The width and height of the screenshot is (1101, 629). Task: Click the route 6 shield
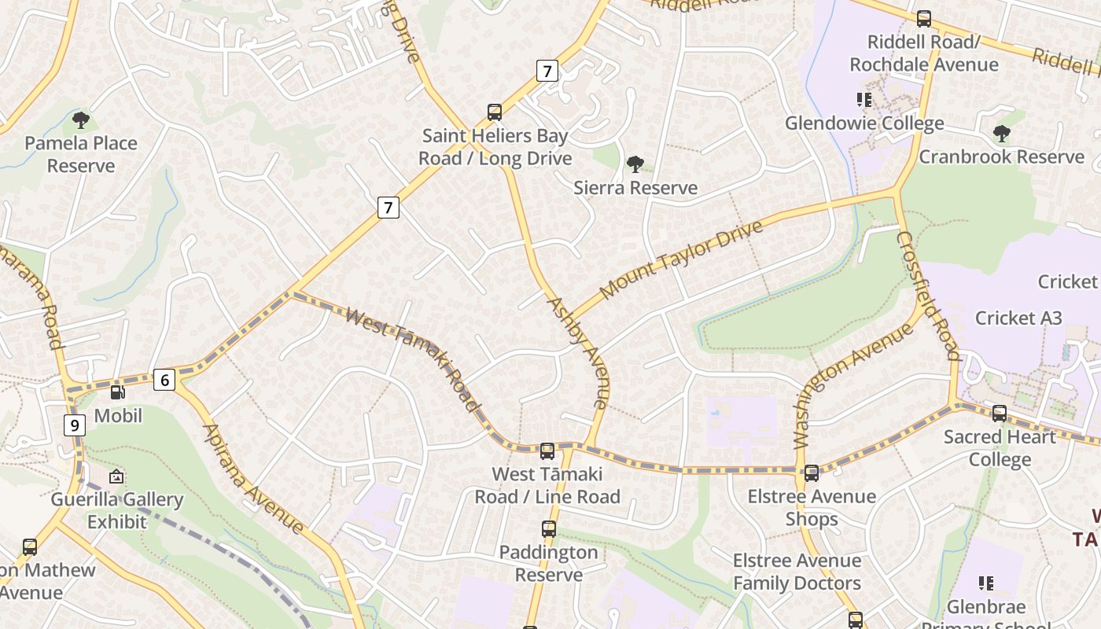click(x=164, y=381)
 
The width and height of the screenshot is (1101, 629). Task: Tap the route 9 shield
click(x=75, y=425)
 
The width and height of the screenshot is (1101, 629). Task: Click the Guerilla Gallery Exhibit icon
click(x=116, y=476)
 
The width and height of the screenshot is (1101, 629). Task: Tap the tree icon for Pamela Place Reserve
click(x=80, y=120)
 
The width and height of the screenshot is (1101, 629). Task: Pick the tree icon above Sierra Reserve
click(x=635, y=164)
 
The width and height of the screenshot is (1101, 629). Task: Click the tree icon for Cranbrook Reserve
click(x=1001, y=134)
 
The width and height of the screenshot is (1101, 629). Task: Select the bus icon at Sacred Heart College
click(x=999, y=413)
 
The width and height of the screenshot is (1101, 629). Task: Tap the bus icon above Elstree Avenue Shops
click(x=812, y=473)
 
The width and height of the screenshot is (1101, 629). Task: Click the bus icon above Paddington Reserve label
click(x=548, y=529)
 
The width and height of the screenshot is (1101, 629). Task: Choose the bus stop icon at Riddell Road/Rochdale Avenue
click(x=924, y=18)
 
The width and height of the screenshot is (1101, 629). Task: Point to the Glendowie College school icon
click(x=864, y=100)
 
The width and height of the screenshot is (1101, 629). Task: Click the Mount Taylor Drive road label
click(x=681, y=259)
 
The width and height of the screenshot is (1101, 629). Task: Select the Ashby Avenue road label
click(x=578, y=352)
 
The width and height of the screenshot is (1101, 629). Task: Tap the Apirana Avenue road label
click(x=253, y=479)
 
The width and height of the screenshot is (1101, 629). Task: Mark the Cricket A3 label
click(x=1018, y=318)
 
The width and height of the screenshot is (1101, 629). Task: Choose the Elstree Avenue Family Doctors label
click(x=797, y=572)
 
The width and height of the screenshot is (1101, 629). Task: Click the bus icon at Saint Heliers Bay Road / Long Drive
click(x=495, y=112)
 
